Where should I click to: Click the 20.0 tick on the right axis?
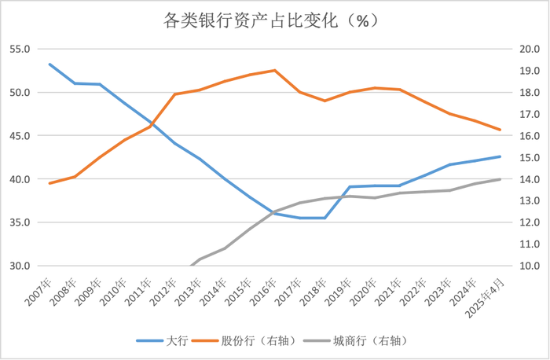528,49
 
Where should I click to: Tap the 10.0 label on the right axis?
528,266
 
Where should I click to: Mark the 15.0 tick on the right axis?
528,157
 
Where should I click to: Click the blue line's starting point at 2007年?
49,64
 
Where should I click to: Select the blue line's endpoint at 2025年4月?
500,156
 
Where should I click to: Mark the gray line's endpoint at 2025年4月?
500,179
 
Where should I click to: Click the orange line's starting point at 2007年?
49,183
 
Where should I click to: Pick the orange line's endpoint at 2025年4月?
500,130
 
